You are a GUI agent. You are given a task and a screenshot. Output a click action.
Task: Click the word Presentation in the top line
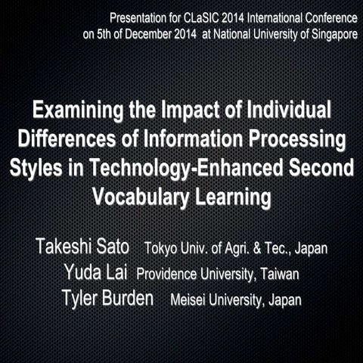138,17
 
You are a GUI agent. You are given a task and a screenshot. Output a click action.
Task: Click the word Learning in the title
233,196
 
